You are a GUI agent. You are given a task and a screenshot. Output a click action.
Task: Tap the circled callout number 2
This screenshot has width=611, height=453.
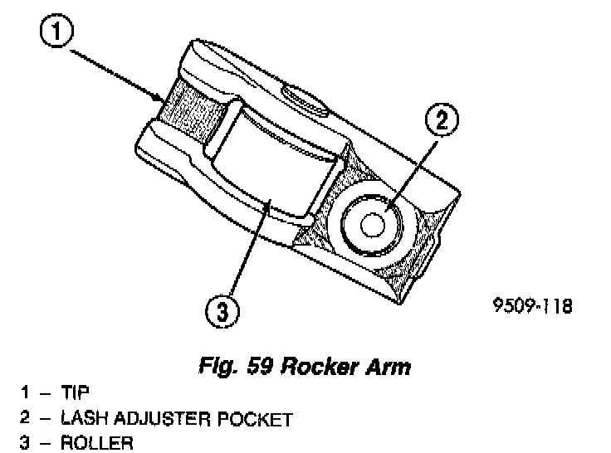click(x=442, y=119)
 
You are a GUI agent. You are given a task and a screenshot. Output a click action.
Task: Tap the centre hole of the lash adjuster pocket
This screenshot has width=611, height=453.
click(x=369, y=225)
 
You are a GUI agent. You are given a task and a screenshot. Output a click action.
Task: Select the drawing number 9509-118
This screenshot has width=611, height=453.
click(x=530, y=307)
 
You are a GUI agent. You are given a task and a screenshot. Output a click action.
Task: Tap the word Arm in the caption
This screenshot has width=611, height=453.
click(x=388, y=366)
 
